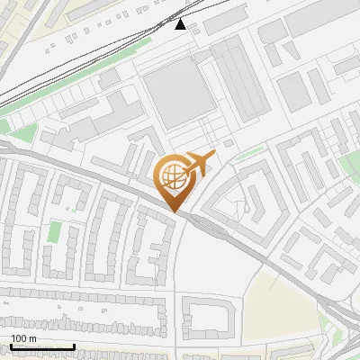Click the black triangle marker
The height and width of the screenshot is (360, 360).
click(x=181, y=24)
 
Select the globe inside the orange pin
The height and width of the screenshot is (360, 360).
click(x=172, y=175)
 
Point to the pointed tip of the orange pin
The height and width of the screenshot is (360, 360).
click(x=173, y=211)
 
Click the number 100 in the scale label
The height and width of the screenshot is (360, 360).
click(x=19, y=338)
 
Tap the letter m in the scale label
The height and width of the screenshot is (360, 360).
click(x=32, y=338)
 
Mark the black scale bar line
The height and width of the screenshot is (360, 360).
click(x=42, y=346)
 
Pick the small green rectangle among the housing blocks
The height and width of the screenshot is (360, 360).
click(x=54, y=231)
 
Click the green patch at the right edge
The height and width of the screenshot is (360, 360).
click(x=351, y=166)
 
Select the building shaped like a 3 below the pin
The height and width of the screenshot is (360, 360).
click(x=155, y=247)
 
